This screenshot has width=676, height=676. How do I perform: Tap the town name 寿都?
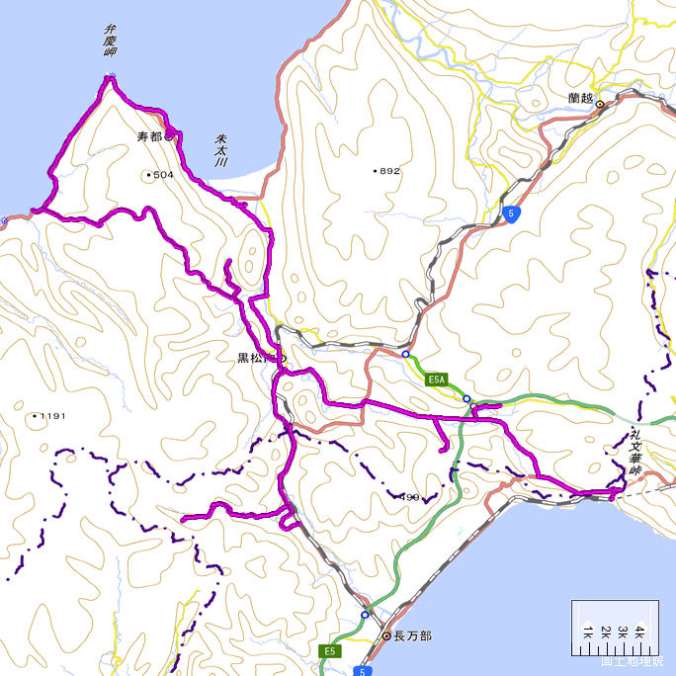(x=149, y=136)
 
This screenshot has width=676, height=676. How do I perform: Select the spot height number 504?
(x=163, y=176)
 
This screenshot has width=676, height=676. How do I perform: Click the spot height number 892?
(x=389, y=171)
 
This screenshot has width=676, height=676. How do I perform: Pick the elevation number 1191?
(x=51, y=416)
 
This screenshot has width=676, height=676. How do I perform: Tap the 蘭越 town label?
(x=581, y=98)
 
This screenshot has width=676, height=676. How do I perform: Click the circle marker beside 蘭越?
(x=599, y=101)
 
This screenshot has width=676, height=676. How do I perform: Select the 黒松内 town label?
(x=255, y=358)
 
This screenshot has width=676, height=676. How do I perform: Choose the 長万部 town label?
(x=412, y=636)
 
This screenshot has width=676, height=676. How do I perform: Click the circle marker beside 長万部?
(x=387, y=636)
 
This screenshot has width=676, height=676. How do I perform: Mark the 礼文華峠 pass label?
(x=634, y=453)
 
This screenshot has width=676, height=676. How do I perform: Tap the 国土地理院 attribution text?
(x=633, y=661)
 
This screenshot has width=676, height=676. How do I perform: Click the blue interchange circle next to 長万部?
(x=365, y=615)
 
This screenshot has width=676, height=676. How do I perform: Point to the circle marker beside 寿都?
(x=170, y=136)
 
